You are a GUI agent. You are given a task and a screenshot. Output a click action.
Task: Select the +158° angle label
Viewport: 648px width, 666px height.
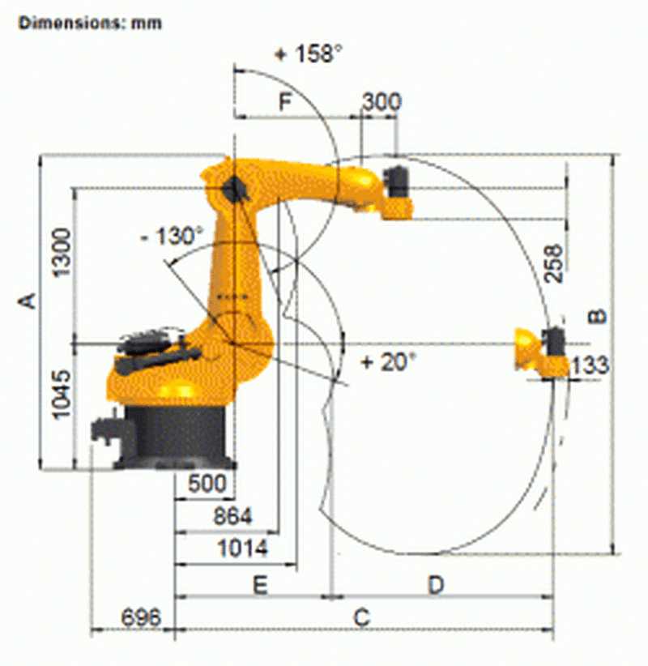click(x=308, y=54)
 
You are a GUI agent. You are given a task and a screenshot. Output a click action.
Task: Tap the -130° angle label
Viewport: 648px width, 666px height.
click(x=171, y=237)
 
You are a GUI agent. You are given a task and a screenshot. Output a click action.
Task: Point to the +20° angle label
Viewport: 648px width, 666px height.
click(x=388, y=361)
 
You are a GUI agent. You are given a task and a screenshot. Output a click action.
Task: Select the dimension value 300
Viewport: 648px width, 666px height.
click(x=380, y=102)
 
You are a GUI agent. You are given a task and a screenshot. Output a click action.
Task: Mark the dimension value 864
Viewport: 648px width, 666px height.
click(x=232, y=515)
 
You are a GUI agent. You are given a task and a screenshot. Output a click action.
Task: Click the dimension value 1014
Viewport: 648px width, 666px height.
click(x=243, y=549)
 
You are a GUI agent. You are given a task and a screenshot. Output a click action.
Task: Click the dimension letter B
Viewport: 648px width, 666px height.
click(x=596, y=316)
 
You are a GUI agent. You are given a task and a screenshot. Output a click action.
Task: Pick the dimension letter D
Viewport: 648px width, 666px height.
click(x=437, y=584)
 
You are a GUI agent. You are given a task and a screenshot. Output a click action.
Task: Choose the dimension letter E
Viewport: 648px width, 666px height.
click(x=259, y=585)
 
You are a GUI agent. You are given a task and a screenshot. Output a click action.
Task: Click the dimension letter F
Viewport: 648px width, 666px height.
click(x=284, y=102)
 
